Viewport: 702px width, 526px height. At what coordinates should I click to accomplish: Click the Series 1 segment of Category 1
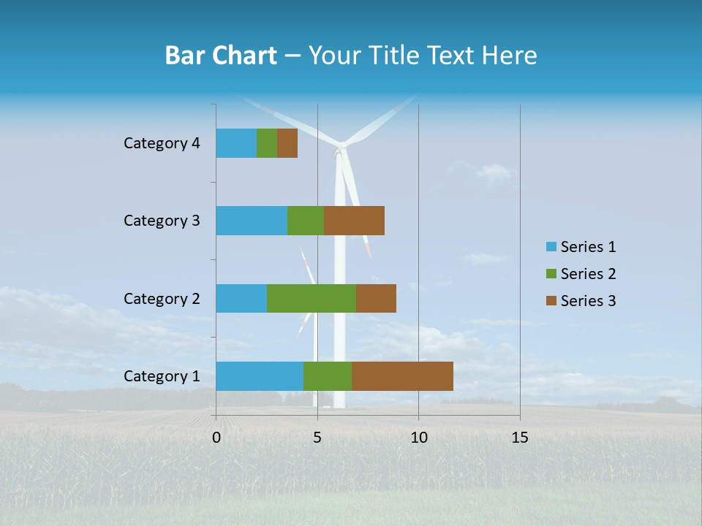pos(260,376)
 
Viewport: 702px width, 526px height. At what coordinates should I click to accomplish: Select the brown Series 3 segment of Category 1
pos(402,376)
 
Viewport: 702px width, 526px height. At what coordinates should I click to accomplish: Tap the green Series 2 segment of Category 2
pos(312,298)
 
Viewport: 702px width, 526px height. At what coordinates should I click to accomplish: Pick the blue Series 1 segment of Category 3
pos(252,221)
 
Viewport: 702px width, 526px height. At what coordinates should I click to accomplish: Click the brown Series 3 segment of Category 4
pos(287,143)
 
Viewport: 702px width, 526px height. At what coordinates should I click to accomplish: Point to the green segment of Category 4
pos(267,143)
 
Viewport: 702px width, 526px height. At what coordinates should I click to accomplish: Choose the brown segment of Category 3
pos(354,221)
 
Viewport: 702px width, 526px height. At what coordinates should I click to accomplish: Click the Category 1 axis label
pos(162,376)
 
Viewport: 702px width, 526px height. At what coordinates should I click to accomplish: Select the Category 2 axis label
pos(162,298)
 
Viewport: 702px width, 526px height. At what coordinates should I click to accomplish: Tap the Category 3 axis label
pos(162,221)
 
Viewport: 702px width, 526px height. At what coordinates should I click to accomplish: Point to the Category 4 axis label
pos(162,143)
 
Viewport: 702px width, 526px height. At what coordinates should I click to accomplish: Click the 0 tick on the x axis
pos(216,438)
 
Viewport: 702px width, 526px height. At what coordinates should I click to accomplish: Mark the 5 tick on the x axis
pos(317,438)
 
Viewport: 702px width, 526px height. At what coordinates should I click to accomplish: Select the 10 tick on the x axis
pos(418,438)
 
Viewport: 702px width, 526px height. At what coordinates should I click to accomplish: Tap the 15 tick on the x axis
pos(520,438)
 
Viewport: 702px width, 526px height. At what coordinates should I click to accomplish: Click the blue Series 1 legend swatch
pos(551,247)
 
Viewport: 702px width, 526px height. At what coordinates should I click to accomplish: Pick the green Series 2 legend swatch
pos(551,274)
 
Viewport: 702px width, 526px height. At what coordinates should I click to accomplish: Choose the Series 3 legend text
pos(588,301)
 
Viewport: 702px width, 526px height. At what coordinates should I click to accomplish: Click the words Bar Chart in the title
pos(221,56)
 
